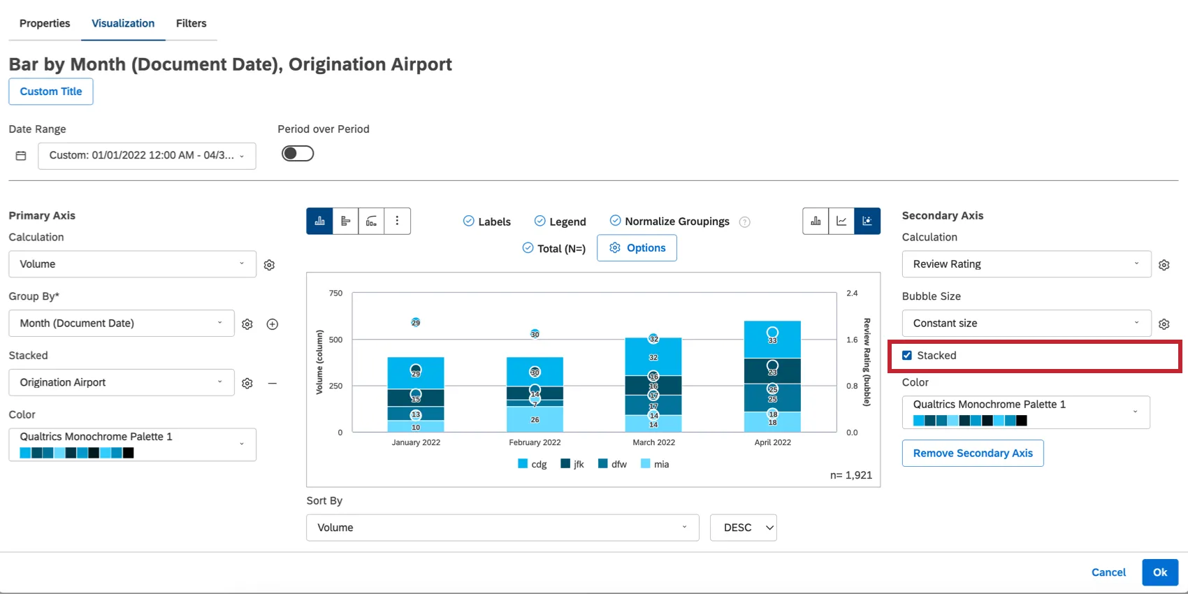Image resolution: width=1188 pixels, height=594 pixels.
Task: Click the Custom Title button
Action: [51, 92]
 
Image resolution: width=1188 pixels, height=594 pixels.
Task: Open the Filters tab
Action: [191, 23]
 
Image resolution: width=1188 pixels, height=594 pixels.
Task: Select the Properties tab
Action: [45, 23]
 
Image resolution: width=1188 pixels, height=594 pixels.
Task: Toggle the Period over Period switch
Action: [298, 154]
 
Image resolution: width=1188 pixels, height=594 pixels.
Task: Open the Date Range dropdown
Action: [147, 155]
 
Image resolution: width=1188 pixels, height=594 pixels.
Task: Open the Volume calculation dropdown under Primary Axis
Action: [132, 264]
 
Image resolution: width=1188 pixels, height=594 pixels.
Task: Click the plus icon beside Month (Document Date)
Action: [273, 324]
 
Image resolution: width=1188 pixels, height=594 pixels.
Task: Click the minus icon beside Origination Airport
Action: [273, 383]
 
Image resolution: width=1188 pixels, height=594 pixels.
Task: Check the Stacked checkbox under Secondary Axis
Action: [907, 356]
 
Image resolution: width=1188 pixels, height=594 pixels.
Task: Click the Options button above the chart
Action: [637, 248]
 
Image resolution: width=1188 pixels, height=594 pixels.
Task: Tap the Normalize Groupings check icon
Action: [615, 221]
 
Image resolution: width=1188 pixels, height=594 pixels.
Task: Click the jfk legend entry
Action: [572, 464]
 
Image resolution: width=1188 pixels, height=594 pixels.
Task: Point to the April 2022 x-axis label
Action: [772, 442]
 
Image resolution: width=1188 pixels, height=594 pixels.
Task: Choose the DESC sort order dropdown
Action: [744, 528]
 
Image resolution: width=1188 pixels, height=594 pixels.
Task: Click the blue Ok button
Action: [1160, 572]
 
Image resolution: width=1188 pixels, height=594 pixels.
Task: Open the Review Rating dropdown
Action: [1026, 264]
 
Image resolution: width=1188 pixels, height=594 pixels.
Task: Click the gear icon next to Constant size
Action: [1164, 324]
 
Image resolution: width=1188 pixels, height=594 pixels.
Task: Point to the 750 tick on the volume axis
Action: [336, 294]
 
